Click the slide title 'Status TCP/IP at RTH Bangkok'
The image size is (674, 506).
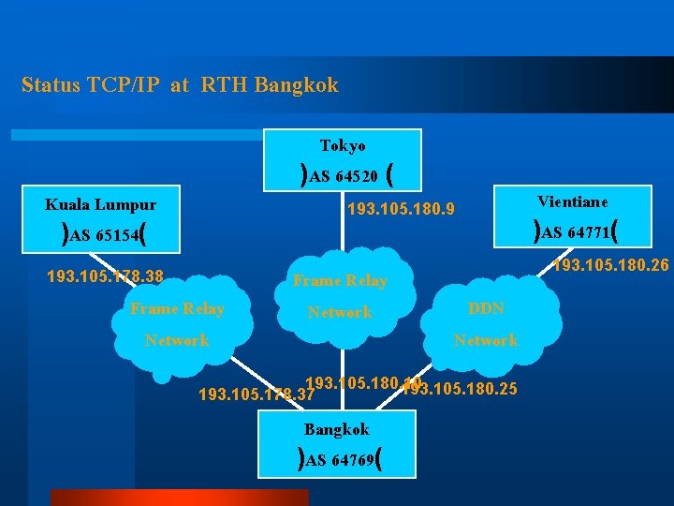coord(180,85)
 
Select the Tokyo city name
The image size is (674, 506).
coord(343,145)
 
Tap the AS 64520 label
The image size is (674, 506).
coord(344,175)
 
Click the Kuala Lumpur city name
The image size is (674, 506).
coord(101,204)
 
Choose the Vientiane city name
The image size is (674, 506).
coord(572,201)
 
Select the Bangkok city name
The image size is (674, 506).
coord(336,429)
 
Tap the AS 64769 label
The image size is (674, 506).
coord(342,460)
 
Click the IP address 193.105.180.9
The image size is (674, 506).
coord(401,209)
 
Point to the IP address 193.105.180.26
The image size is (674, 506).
coord(610,266)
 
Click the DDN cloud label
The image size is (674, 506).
coord(486,308)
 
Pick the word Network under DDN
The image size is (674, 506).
coord(485,340)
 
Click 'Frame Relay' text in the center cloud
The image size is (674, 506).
coord(340,280)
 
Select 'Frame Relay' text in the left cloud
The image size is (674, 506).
coord(177,308)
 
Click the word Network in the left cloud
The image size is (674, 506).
coord(177,340)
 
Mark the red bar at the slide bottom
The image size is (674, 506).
coord(178,498)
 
